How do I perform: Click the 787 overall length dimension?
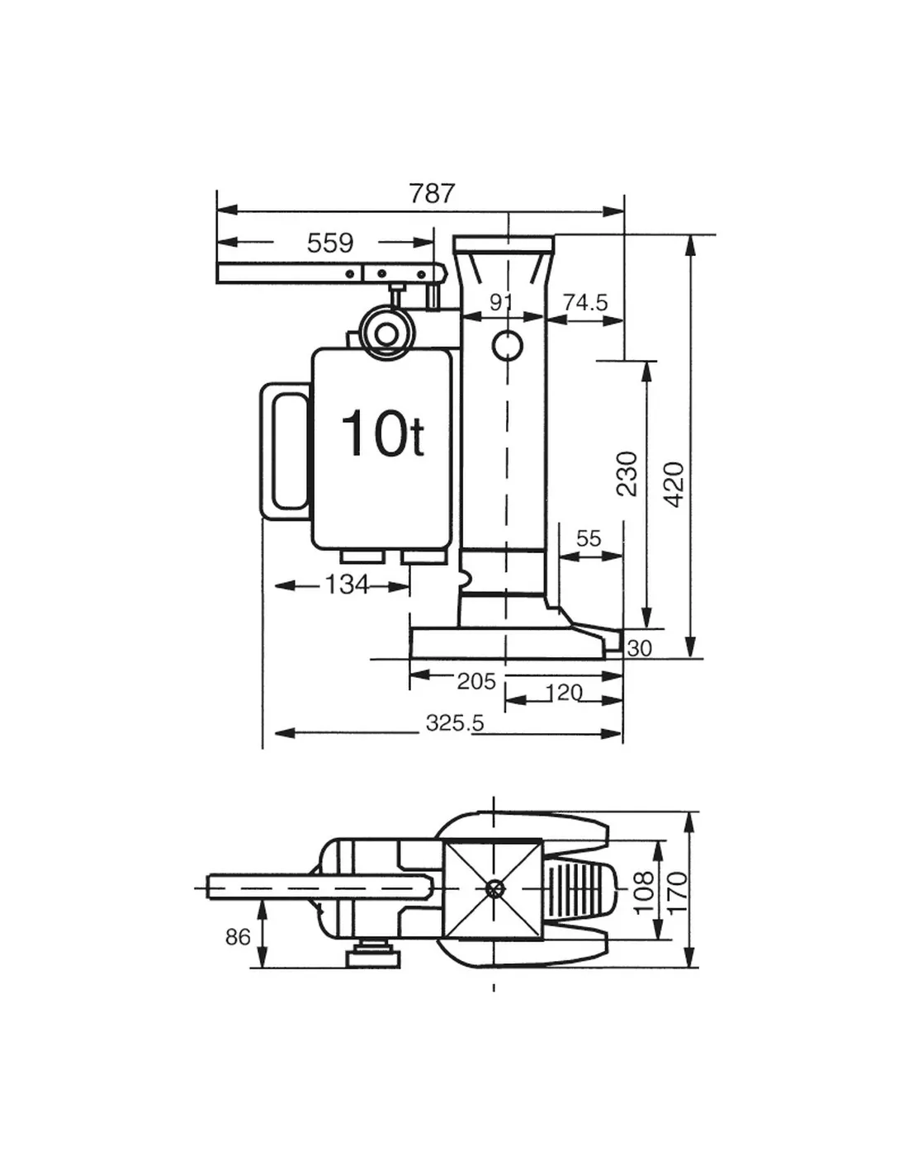[x=432, y=193]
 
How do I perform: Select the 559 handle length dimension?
[x=330, y=243]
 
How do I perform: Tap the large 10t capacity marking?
[x=382, y=433]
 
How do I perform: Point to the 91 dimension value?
[x=500, y=303]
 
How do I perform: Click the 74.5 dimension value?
[x=586, y=302]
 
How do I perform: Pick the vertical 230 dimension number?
[x=627, y=474]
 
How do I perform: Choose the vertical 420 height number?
[x=674, y=484]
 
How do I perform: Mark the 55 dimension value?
[x=589, y=538]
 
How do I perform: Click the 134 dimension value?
[x=347, y=585]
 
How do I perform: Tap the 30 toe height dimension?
[x=640, y=648]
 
